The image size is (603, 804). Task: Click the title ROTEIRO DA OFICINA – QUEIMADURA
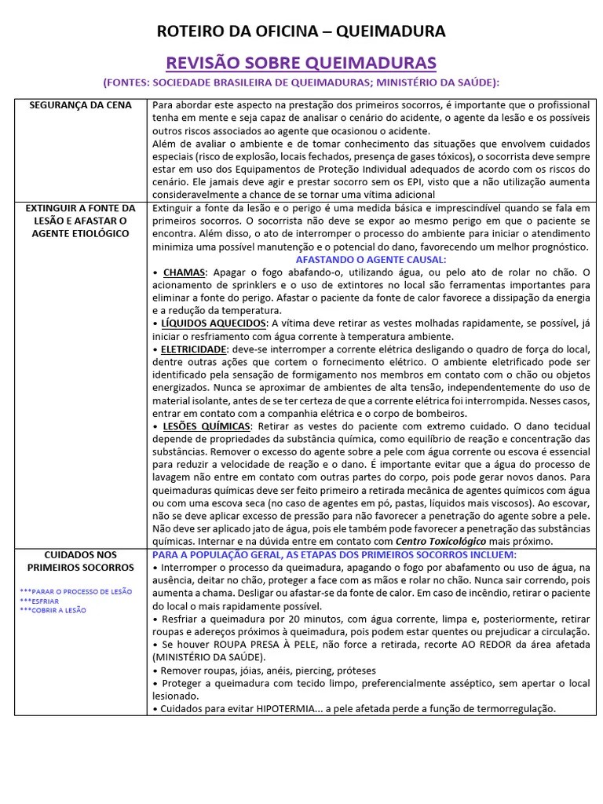coord(301,31)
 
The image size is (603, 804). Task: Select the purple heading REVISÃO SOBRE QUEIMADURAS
coord(301,62)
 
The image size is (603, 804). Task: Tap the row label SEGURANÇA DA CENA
coord(81,105)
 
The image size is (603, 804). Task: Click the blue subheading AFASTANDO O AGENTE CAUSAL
coord(371,259)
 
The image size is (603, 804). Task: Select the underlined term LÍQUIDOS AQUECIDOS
coord(211,323)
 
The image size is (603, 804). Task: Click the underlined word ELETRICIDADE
coord(194,349)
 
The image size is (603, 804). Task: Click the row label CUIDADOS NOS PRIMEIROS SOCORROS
coord(81,561)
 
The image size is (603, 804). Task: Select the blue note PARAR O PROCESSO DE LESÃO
coord(76,591)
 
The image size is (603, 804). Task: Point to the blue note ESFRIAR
coord(48,601)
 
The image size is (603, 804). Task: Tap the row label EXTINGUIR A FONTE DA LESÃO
coord(81,221)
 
